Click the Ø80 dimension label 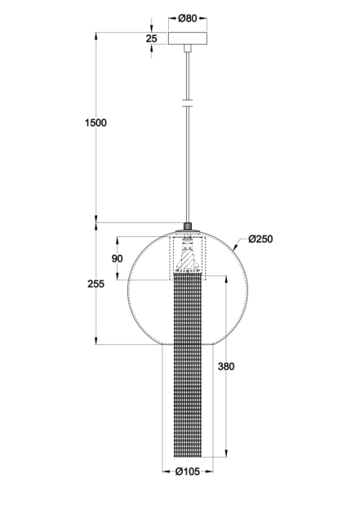(188, 19)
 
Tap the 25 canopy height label (152, 38)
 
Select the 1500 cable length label (96, 123)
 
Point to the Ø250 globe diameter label (260, 239)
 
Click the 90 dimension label (117, 259)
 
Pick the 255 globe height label (96, 284)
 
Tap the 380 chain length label (226, 366)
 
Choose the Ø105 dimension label (188, 471)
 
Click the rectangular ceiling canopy (188, 38)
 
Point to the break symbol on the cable (187, 103)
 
